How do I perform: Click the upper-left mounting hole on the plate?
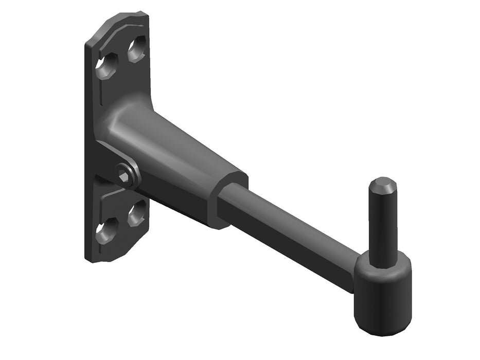coord(107,65)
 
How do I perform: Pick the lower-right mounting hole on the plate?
coord(137,213)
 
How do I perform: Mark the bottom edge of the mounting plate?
coord(111,259)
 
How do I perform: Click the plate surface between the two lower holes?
coord(122,222)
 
